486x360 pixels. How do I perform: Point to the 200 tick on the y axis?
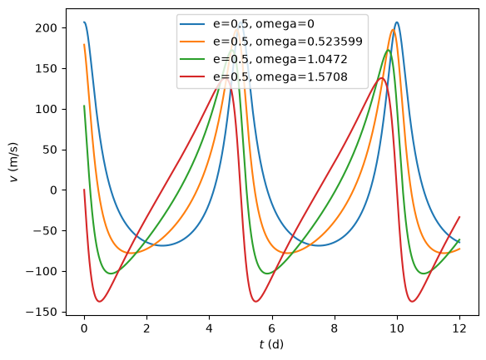click(46, 28)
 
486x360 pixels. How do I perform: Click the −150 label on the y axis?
click(42, 312)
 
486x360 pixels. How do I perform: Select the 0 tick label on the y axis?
click(53, 190)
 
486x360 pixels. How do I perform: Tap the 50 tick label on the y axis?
click(50, 150)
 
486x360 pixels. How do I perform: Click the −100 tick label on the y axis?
click(42, 272)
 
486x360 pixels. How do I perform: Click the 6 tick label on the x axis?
click(272, 328)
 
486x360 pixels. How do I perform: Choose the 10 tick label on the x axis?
click(397, 328)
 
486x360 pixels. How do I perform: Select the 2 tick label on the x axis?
click(146, 328)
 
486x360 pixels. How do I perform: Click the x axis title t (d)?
click(272, 344)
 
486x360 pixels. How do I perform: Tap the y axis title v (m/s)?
click(14, 162)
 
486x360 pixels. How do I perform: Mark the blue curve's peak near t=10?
click(397, 22)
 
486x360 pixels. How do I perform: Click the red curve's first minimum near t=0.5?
click(100, 301)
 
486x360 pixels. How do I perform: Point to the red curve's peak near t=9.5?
click(381, 78)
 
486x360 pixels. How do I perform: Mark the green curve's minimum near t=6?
click(267, 274)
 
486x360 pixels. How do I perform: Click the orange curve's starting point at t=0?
click(84, 45)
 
